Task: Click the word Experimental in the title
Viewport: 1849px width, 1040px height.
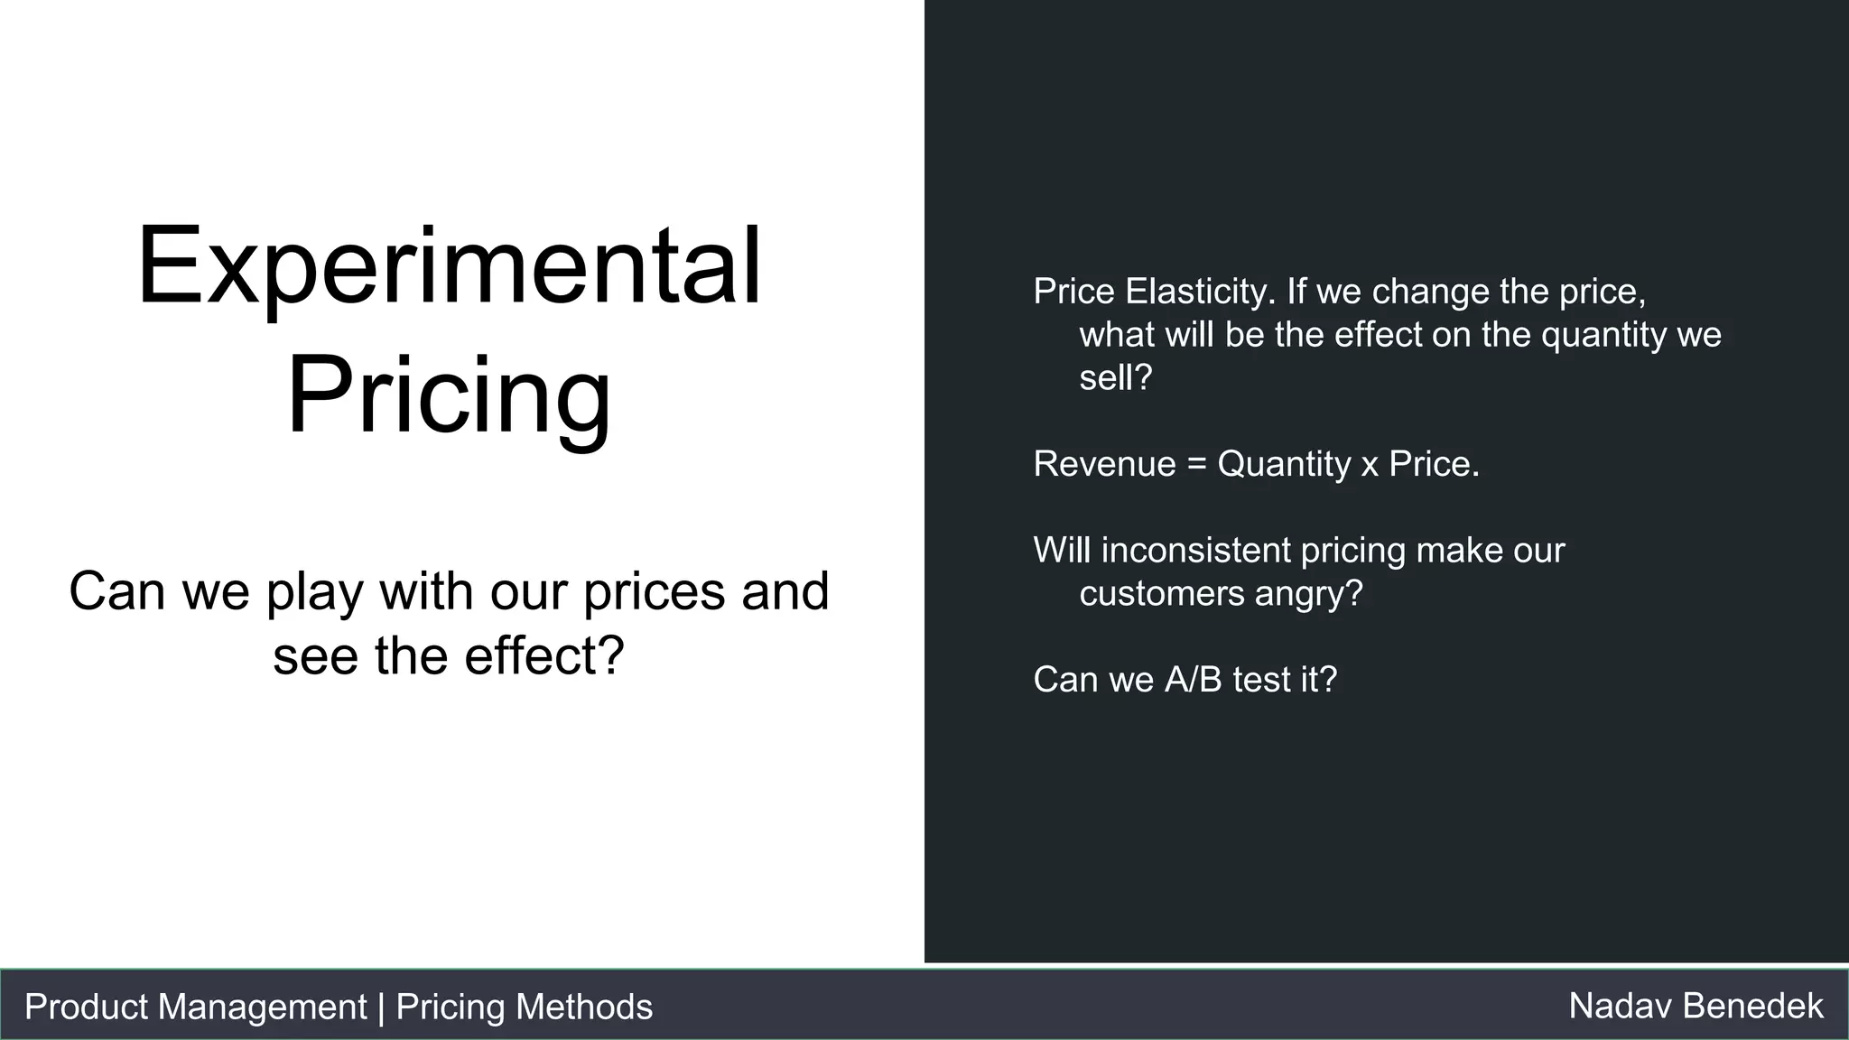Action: click(449, 267)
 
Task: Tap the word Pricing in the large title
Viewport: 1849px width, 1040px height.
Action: click(449, 397)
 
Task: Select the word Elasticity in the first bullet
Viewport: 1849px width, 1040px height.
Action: click(1201, 292)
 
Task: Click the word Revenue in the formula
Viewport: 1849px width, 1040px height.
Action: click(1104, 464)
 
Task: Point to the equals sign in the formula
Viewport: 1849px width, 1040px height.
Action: click(1196, 465)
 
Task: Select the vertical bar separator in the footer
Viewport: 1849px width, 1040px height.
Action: click(381, 1007)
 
